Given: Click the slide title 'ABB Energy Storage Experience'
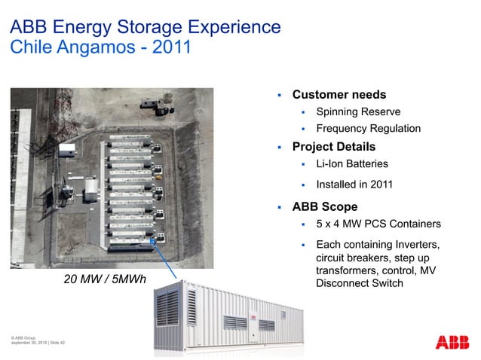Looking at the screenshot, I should (146, 28).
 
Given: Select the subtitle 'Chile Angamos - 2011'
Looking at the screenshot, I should (100, 47).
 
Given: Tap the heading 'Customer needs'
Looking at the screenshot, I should (339, 95).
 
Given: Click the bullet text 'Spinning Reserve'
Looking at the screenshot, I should (352, 111).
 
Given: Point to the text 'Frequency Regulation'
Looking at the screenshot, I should (368, 128).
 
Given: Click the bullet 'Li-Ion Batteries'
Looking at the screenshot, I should (352, 163).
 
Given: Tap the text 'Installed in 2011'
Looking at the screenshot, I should (354, 184).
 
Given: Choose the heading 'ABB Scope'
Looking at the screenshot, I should (324, 206).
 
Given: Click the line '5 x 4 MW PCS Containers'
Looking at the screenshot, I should (378, 224).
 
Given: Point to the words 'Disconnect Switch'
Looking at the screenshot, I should (360, 283).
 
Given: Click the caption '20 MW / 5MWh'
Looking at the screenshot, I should (105, 280).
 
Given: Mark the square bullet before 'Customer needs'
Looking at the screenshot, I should (279, 96).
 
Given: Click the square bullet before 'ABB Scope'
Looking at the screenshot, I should (279, 207).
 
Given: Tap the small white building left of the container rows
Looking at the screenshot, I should (67, 149).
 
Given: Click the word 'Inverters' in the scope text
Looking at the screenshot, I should (413, 245).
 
